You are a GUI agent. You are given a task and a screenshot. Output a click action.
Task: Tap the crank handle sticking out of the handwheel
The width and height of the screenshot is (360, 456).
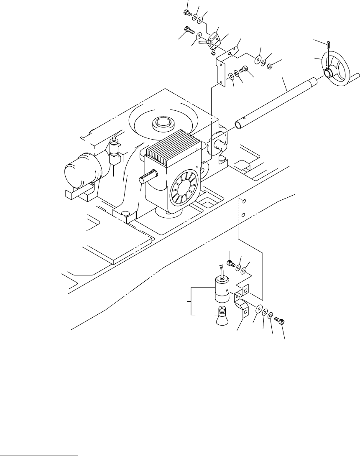[353, 76]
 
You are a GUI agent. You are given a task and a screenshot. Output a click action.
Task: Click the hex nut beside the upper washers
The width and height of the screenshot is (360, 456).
[270, 66]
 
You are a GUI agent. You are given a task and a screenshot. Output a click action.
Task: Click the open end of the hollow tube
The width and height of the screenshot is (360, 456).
[238, 125]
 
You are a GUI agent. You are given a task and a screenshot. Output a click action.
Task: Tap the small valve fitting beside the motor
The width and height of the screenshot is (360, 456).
[114, 153]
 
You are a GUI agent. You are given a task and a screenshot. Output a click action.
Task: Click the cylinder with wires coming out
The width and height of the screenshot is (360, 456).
[222, 288]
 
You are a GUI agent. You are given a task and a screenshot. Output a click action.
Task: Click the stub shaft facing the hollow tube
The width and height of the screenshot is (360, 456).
[219, 147]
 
